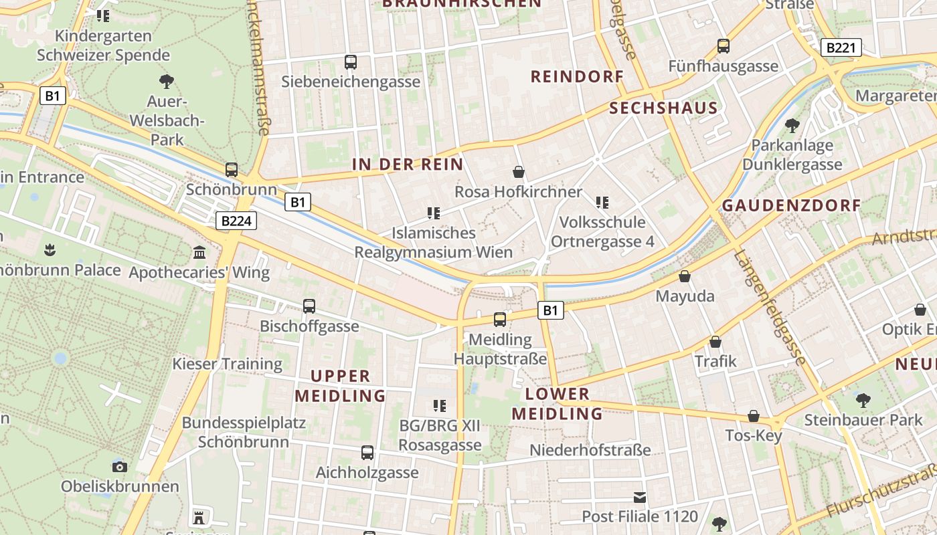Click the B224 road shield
point(237,221)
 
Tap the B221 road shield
point(841,47)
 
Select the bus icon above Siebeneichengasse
point(351,62)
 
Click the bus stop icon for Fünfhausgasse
point(723,46)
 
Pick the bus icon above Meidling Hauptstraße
point(500,320)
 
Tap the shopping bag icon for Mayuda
point(685,276)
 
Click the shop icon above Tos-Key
point(754,416)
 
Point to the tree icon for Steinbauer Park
point(863,401)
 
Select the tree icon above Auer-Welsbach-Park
point(167,82)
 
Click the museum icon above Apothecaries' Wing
point(199,252)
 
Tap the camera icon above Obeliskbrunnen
point(120,466)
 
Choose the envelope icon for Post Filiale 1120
point(640,497)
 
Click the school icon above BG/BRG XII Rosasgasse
point(440,405)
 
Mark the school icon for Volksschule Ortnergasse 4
point(602,202)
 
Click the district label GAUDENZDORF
point(791,205)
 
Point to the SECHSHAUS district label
point(663,108)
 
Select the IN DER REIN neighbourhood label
point(408,165)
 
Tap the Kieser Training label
point(228,364)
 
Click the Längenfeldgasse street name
point(770,308)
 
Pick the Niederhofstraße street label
point(590,449)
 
